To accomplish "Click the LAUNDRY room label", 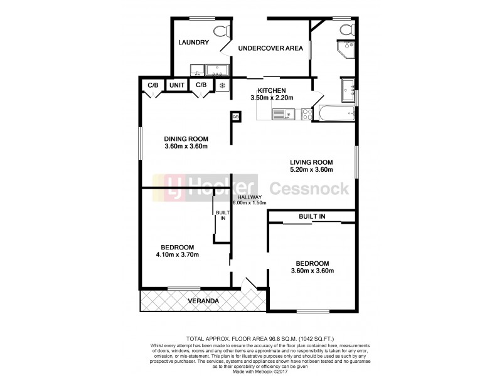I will click(x=193, y=43).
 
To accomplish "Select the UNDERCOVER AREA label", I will click(x=270, y=48).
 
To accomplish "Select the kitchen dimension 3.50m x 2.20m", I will click(x=272, y=98).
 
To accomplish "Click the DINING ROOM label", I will click(x=186, y=139).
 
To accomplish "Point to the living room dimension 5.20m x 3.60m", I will click(x=311, y=170).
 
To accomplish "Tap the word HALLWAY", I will click(x=249, y=197).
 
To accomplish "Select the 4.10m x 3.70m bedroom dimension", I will click(x=178, y=255).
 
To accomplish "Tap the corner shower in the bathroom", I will click(x=344, y=50).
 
